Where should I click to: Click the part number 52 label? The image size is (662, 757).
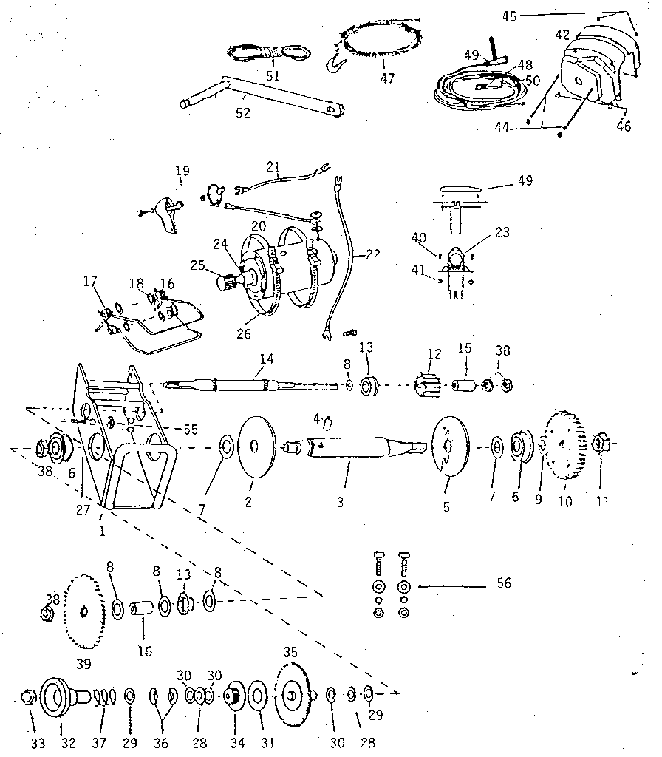242,113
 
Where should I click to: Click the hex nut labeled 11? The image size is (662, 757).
601,444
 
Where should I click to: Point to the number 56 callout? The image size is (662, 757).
503,584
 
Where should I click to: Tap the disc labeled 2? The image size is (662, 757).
254,446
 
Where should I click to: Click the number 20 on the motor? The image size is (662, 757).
259,225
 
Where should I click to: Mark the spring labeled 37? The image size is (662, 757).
108,696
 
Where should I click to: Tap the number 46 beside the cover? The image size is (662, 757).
624,126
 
